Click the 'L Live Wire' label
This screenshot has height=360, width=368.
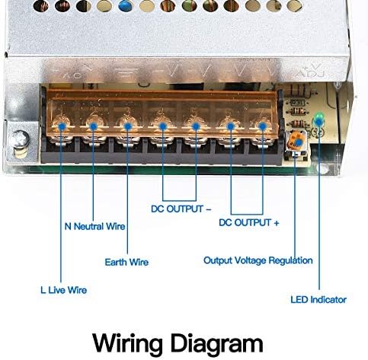point(63,290)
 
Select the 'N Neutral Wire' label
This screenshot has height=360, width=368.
point(94,226)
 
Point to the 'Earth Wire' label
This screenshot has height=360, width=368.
point(126,262)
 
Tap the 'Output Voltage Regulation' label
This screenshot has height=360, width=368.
point(258,260)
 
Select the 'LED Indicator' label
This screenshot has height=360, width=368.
point(318,299)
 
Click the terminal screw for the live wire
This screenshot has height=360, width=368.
point(62,127)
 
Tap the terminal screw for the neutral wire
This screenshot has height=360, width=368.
point(94,127)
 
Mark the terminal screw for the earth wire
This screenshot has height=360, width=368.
point(127,126)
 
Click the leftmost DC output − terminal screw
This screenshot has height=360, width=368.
point(161,126)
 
